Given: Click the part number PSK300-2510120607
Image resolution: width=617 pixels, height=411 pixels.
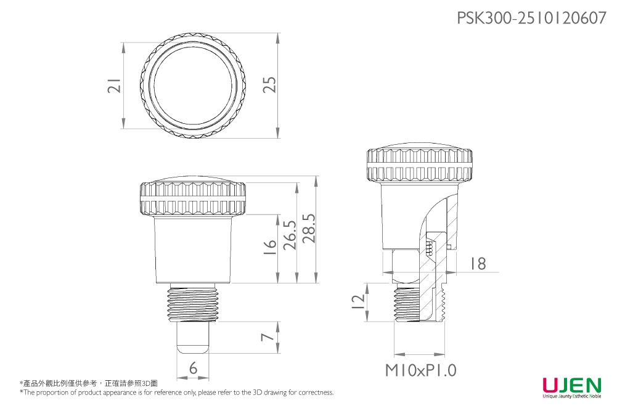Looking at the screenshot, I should point(531,18).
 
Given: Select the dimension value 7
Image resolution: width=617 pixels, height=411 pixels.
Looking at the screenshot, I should point(266,338).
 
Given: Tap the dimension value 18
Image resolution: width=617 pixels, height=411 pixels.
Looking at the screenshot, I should point(477,264).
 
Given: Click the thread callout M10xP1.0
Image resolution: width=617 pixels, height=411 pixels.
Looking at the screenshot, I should point(421,370).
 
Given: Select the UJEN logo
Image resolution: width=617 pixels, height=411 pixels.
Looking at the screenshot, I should point(571,387).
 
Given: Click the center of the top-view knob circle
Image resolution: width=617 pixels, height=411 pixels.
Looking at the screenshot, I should point(194,87).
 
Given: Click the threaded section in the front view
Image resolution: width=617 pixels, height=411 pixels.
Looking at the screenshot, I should point(193,303).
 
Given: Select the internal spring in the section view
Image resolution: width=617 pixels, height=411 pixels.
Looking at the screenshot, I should point(430,246).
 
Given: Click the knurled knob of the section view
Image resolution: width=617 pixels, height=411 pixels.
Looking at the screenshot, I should point(419,165).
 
